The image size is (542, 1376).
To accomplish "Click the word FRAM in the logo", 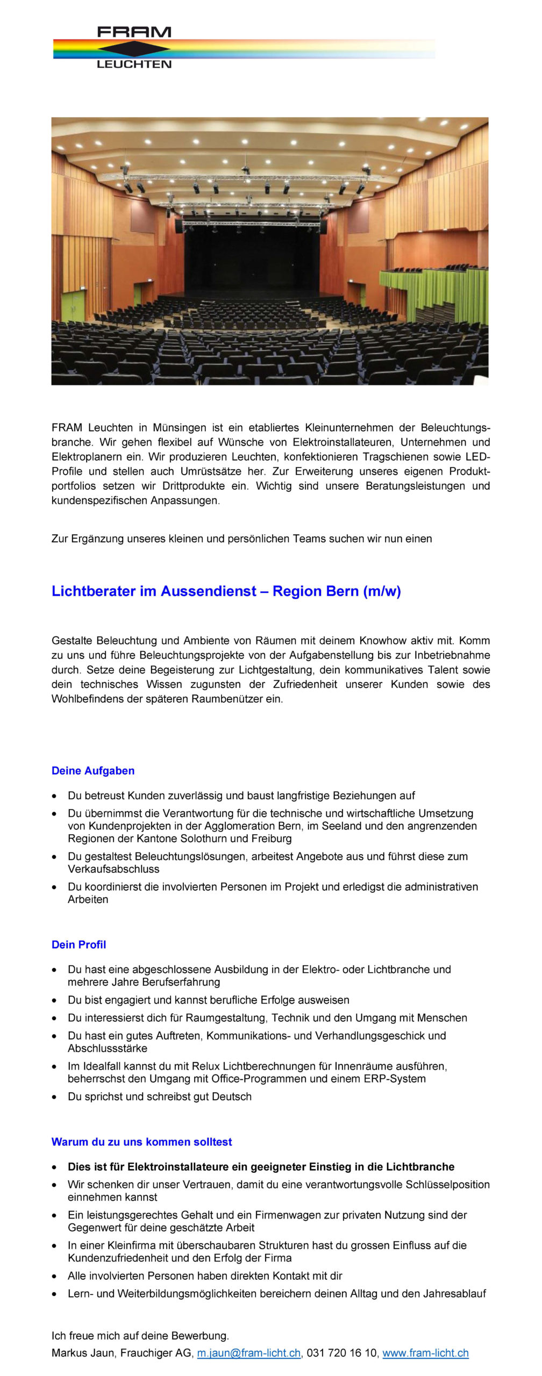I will pos(134,32).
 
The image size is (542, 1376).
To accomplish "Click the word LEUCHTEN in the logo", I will pos(134,64).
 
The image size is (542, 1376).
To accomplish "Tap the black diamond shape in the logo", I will pos(134,48).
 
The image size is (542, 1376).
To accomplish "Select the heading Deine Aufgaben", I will pos(93,771).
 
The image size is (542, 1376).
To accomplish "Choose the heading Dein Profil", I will pos(79,944).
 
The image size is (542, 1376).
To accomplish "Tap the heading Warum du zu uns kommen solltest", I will pos(141,1142).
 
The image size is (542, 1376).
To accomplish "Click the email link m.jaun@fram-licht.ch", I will pos(248,1353).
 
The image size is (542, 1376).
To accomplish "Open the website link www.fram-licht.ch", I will pos(425,1353).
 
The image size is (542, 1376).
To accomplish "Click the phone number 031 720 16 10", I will pos(342,1353).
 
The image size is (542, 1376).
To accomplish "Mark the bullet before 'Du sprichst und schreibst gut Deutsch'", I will pos(54,1096).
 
